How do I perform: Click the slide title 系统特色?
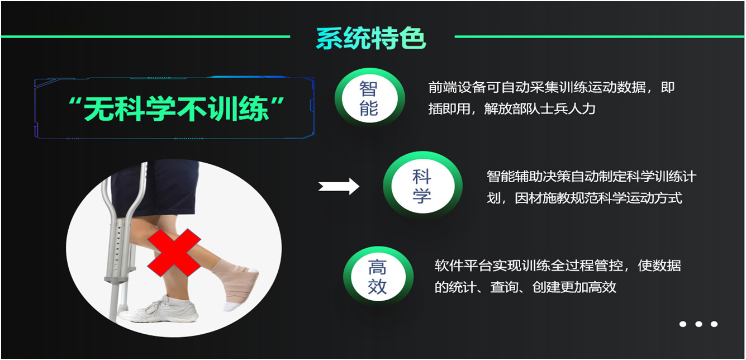coord(370,39)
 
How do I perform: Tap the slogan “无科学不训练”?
coord(176,108)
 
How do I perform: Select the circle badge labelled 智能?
coord(369,98)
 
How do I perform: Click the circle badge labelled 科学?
coord(422,186)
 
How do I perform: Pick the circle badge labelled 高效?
coord(378,276)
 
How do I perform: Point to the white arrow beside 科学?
coord(339,186)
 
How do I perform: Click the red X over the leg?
coord(174,253)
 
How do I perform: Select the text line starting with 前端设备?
coord(551,87)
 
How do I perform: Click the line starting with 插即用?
coord(511,109)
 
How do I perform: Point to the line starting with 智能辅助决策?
coord(591,177)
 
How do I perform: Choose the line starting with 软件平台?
coord(558,266)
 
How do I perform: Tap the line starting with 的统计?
coord(525,287)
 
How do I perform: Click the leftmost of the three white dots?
coord(683,324)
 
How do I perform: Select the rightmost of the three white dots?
coord(714,324)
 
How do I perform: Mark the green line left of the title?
coord(145,37)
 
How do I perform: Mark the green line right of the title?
coord(600,37)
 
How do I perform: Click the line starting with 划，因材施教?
coord(585,198)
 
